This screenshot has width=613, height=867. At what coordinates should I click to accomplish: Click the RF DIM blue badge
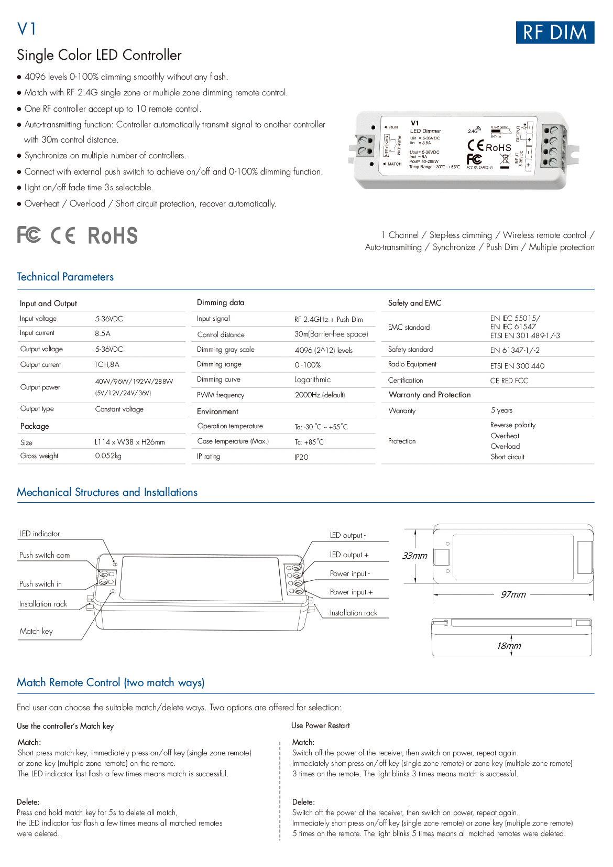tap(555, 32)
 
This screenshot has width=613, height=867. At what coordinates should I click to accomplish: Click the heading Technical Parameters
tap(65, 277)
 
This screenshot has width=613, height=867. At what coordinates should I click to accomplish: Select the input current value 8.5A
tap(103, 333)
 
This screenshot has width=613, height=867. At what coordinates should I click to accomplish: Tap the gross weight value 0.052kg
tap(108, 456)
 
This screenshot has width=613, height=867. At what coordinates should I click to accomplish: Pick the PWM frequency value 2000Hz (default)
tap(320, 395)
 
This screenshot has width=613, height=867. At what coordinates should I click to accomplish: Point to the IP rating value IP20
tap(301, 457)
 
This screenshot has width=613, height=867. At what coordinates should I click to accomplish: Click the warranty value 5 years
tap(501, 410)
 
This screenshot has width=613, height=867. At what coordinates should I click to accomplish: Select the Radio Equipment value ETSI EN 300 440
tap(517, 366)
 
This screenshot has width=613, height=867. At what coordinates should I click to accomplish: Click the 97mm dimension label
tap(513, 594)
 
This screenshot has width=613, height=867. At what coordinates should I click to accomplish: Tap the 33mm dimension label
tap(414, 556)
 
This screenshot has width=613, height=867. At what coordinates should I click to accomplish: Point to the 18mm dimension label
tap(509, 646)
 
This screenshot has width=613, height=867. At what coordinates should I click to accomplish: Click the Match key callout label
tap(36, 631)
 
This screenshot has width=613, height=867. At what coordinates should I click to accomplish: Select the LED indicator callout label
tap(39, 534)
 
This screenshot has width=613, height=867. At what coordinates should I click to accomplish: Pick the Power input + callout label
tap(351, 592)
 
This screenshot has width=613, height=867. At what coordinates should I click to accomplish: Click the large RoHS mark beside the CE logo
tap(112, 236)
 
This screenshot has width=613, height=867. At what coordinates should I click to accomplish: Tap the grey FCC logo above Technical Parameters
tap(29, 234)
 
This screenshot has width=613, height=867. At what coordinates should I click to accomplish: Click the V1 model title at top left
tap(27, 29)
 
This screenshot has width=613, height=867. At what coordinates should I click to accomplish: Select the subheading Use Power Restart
tap(320, 725)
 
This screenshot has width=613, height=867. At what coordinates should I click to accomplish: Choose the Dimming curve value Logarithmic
tap(312, 380)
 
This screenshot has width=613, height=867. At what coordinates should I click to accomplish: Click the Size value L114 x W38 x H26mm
tap(129, 442)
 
